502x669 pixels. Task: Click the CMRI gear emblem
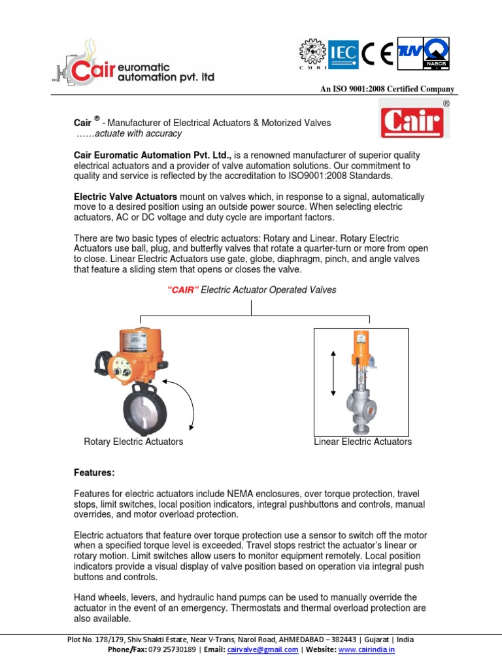[312, 53]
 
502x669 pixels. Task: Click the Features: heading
[93, 472]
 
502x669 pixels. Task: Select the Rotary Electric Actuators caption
[133, 442]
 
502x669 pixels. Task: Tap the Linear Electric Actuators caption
[363, 442]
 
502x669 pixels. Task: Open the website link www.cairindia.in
[367, 650]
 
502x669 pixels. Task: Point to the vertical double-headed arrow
[333, 373]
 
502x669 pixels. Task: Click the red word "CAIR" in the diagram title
[183, 290]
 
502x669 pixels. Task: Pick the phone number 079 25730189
[169, 650]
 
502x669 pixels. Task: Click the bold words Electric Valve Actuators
[125, 197]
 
